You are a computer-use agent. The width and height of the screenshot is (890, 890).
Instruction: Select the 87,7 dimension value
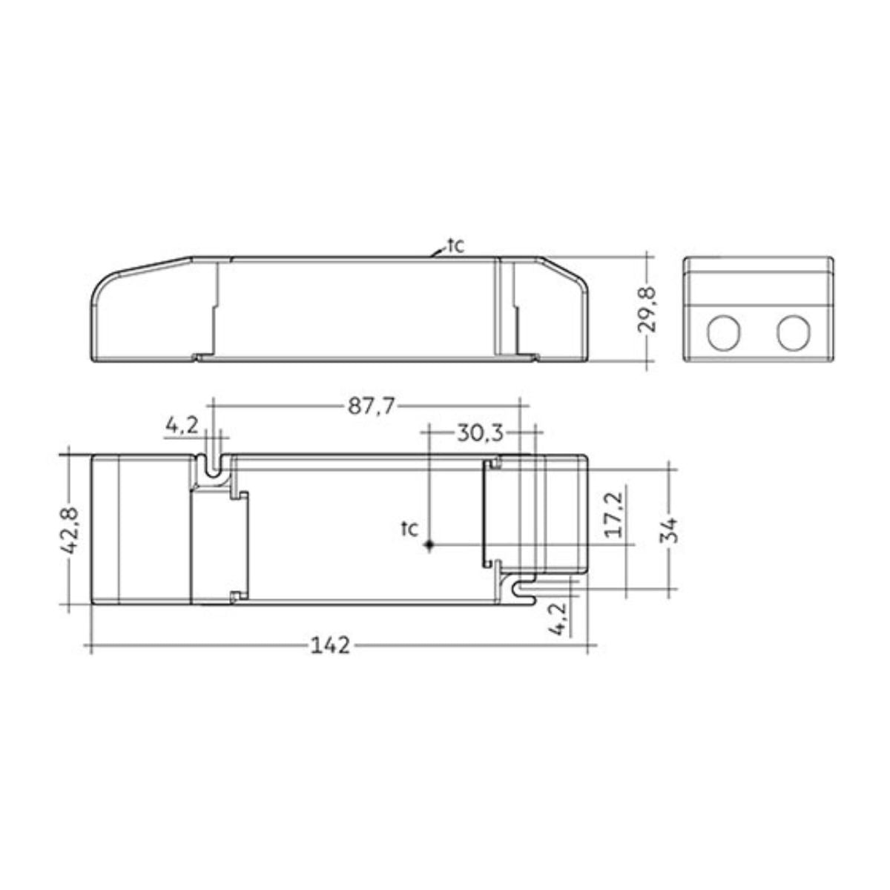point(372,406)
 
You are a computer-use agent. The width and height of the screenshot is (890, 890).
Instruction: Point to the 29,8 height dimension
point(647,309)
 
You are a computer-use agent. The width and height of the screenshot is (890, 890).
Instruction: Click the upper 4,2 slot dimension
point(182,425)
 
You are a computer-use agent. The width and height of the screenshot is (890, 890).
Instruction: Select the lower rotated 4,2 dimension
point(559,619)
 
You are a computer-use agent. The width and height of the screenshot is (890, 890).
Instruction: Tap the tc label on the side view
point(455,245)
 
